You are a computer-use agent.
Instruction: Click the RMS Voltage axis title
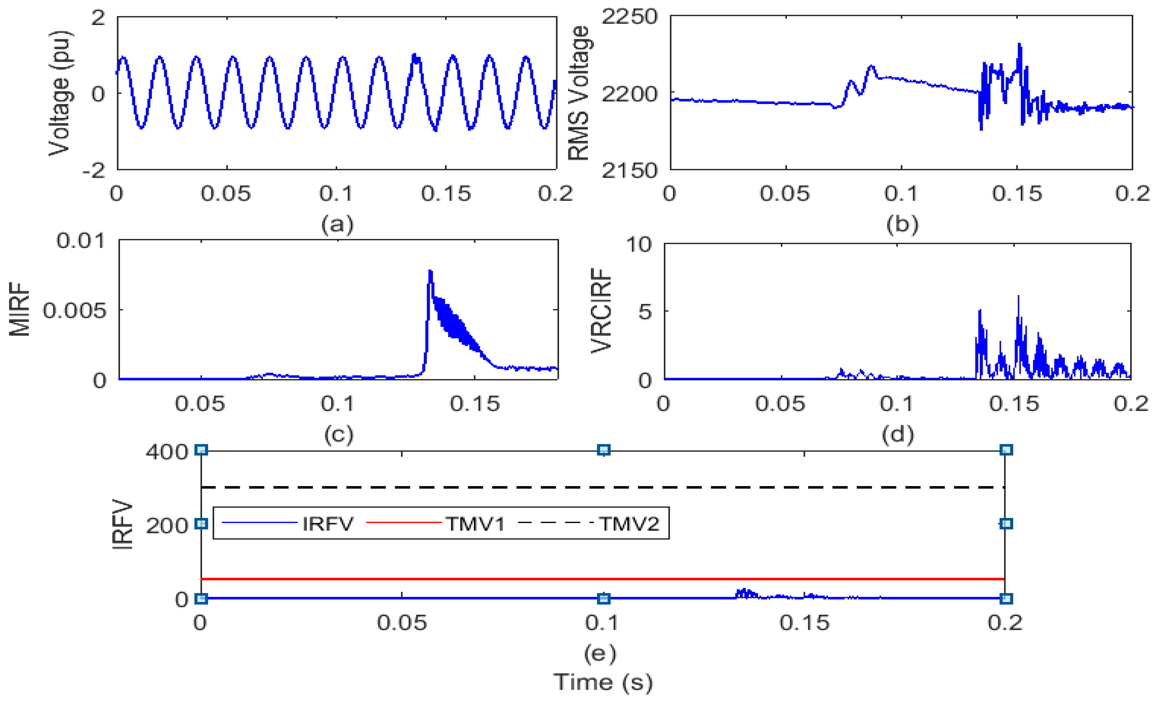579,93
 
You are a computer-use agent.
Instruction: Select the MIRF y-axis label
20,309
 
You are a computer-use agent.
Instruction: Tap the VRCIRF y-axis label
601,310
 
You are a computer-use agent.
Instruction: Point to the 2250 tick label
629,17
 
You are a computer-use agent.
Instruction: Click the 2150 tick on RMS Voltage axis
629,170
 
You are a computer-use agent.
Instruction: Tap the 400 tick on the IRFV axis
167,452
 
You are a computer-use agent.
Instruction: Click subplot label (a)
337,224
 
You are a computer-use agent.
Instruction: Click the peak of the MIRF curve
430,272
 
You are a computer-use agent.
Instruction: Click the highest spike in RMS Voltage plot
1019,45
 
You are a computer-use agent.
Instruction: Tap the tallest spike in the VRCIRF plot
1018,296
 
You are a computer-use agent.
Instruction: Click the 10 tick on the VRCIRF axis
638,244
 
